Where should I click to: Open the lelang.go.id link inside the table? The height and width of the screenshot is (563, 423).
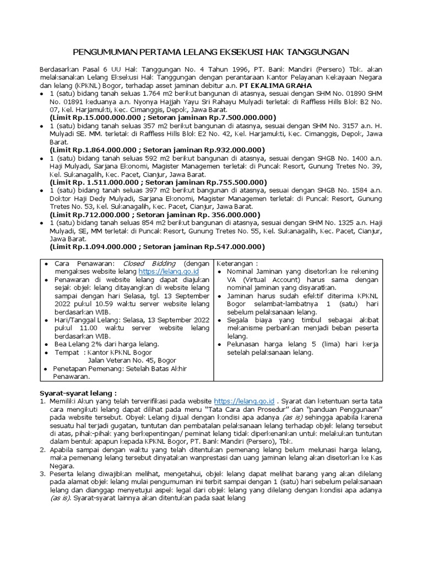pyautogui.click(x=168, y=272)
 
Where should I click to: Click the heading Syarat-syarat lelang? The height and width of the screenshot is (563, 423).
pyautogui.click(x=78, y=393)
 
